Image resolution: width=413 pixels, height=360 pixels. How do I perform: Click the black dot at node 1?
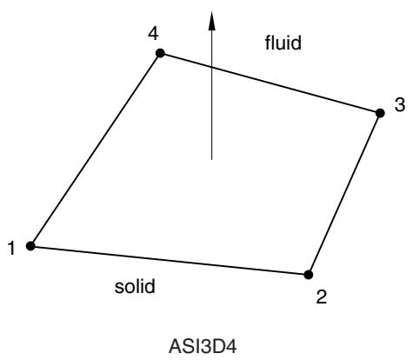[x=30, y=246]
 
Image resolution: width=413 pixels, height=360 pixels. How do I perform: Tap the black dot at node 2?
[x=309, y=275]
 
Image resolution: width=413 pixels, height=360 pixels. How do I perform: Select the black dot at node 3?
[x=380, y=113]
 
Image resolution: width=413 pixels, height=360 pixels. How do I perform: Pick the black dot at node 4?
[x=160, y=53]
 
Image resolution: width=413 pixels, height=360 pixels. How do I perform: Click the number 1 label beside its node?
[x=11, y=249]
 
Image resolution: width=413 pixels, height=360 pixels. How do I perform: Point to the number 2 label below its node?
[x=322, y=297]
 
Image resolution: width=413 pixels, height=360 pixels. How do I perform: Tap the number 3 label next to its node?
[x=400, y=105]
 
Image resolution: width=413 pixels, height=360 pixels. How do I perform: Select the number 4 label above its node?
[x=153, y=34]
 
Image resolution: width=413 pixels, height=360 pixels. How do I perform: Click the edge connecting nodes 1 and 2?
[x=170, y=260]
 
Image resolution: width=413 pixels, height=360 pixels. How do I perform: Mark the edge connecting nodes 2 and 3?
[x=344, y=194]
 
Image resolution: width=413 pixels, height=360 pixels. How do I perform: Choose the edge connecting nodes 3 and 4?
[x=270, y=83]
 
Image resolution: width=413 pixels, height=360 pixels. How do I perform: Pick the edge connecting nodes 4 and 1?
[x=96, y=150]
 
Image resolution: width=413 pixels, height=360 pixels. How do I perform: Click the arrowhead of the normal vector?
[x=212, y=20]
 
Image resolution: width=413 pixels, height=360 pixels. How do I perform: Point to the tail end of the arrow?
[x=211, y=159]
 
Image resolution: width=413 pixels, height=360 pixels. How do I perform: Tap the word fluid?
[x=283, y=43]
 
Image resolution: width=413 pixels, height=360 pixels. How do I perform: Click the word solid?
[x=135, y=286]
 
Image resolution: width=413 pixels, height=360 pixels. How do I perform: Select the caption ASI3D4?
[x=203, y=347]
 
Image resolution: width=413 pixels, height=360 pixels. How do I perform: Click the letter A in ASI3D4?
[x=175, y=347]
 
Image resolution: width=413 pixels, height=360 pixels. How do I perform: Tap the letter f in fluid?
[x=268, y=43]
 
